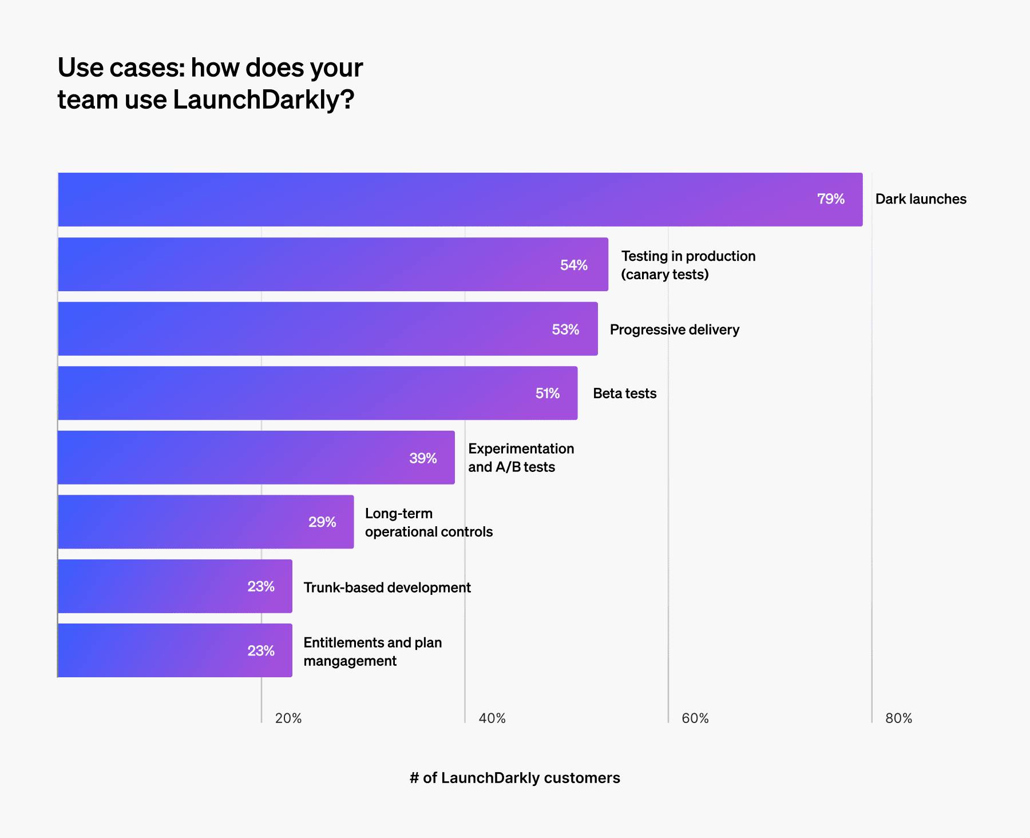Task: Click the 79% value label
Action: tap(831, 199)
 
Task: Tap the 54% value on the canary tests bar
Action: tap(574, 265)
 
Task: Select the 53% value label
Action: tap(565, 329)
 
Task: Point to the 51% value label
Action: tap(548, 394)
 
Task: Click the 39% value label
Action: tap(423, 458)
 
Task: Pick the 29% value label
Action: tap(322, 522)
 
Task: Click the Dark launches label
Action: tap(921, 199)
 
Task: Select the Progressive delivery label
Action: tap(675, 329)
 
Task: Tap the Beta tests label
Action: tap(624, 394)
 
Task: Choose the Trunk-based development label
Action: tap(387, 587)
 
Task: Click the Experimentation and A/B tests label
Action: tap(521, 458)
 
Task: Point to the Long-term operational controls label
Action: tap(429, 522)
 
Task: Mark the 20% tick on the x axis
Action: tap(288, 718)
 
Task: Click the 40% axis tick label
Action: tap(492, 718)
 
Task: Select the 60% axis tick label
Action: tap(695, 718)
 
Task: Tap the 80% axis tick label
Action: tap(898, 718)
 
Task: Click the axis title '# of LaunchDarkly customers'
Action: tap(514, 778)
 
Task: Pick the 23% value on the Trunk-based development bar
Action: tap(261, 586)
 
